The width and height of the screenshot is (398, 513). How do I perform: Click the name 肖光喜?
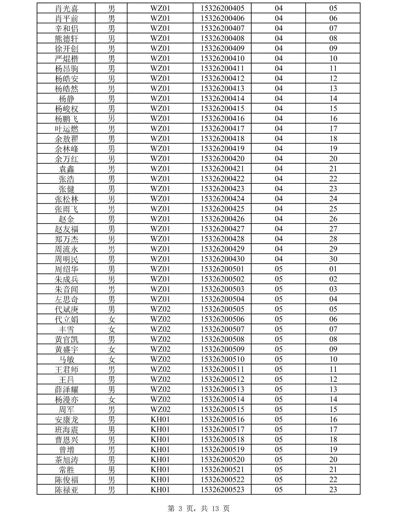click(x=67, y=8)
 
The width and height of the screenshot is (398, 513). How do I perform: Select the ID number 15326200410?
click(x=222, y=58)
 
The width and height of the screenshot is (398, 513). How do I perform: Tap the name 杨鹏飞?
click(x=67, y=119)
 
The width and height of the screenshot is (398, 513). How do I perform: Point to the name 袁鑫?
click(x=67, y=169)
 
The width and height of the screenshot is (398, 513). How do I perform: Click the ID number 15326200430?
click(x=222, y=259)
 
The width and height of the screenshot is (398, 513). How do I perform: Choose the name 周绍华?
click(x=67, y=269)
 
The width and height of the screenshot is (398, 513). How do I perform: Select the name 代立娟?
click(x=67, y=319)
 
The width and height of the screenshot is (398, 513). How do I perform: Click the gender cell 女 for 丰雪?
click(x=112, y=329)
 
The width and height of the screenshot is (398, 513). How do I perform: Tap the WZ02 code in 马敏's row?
click(x=160, y=359)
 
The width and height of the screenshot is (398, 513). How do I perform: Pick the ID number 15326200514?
click(x=222, y=400)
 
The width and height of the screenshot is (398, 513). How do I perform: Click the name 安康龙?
click(x=67, y=420)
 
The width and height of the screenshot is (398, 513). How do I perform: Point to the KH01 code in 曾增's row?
click(x=160, y=450)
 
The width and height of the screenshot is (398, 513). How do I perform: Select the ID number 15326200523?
click(x=222, y=490)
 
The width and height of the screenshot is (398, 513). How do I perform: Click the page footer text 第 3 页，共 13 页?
click(x=199, y=508)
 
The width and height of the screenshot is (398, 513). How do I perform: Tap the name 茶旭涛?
click(x=67, y=460)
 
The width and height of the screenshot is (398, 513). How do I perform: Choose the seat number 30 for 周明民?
click(x=333, y=259)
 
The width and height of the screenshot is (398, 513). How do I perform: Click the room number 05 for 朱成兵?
click(x=279, y=279)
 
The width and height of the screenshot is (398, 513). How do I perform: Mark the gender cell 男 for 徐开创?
click(x=112, y=49)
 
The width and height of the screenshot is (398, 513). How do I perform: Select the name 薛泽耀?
click(x=67, y=390)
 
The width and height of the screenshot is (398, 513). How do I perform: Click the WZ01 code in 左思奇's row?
click(x=160, y=299)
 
